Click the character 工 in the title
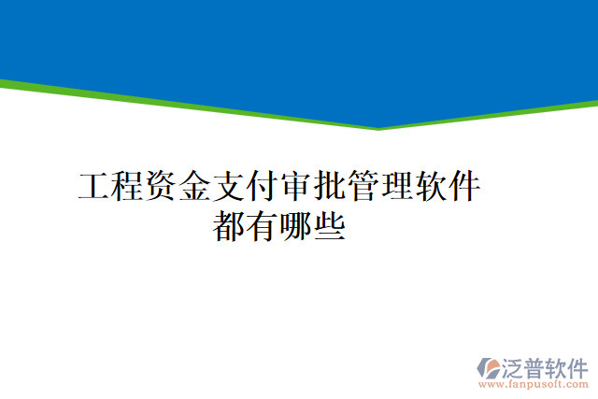pyautogui.click(x=94, y=188)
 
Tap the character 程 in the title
pyautogui.click(x=128, y=188)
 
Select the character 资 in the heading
pyautogui.click(x=162, y=188)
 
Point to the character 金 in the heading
pyautogui.click(x=195, y=188)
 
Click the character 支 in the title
pyautogui.click(x=229, y=188)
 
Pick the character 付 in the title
pyautogui.click(x=263, y=188)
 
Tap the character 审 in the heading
pyautogui.click(x=296, y=188)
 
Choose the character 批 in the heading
pyautogui.click(x=330, y=188)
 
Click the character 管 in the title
pyautogui.click(x=363, y=188)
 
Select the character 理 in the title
pyautogui.click(x=397, y=188)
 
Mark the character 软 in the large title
pyautogui.click(x=431, y=188)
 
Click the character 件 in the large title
pyautogui.click(x=464, y=188)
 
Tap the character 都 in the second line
pyautogui.click(x=230, y=227)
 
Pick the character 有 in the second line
pyautogui.click(x=263, y=227)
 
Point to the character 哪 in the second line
pyautogui.click(x=297, y=227)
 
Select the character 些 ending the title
pyautogui.click(x=331, y=227)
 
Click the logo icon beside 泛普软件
pyautogui.click(x=488, y=366)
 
